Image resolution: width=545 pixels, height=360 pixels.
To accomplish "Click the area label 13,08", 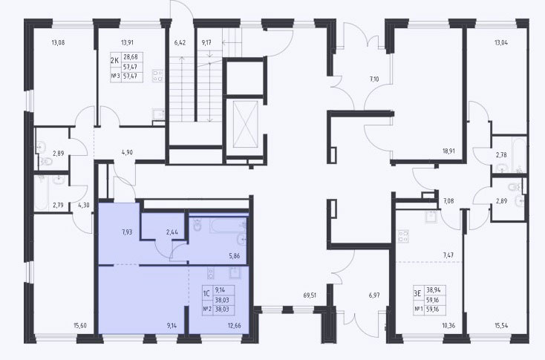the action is [58, 43].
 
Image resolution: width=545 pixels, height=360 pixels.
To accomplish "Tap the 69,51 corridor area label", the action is [310, 295].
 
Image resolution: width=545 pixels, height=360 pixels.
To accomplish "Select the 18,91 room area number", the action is [448, 151].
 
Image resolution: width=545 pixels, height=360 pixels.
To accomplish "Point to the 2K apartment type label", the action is [114, 61].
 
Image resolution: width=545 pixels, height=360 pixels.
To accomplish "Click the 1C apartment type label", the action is [206, 294].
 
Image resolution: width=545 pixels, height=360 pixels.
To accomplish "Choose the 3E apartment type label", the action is [417, 294].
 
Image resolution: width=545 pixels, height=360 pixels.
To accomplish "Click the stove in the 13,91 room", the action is [158, 76].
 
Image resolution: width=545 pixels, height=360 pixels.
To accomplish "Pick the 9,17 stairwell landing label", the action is [206, 43].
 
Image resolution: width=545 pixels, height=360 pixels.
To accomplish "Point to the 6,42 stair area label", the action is [180, 43].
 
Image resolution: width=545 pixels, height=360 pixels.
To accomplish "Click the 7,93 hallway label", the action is [127, 232].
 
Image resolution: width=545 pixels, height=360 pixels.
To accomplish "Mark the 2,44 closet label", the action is [172, 232].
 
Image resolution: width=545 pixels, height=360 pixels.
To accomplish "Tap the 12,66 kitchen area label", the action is [235, 326].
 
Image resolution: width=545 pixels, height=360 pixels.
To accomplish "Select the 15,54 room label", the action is [501, 326].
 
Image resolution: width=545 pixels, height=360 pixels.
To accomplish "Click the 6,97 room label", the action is [374, 295].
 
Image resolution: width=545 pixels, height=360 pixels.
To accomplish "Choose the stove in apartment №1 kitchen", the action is [403, 236].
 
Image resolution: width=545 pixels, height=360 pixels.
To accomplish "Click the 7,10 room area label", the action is [374, 79].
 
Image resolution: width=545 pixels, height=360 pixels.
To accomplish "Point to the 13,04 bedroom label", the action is [501, 43].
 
